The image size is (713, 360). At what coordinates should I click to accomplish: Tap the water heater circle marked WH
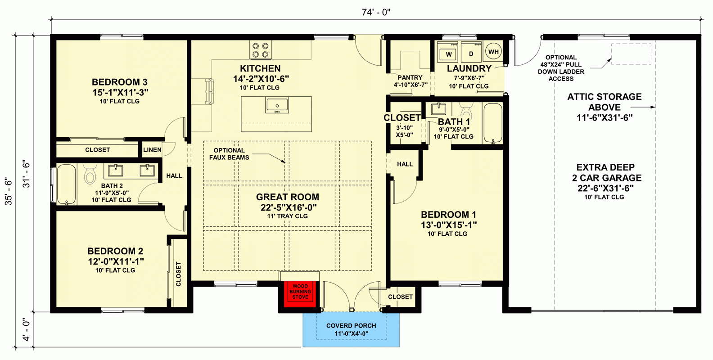[x=493, y=52]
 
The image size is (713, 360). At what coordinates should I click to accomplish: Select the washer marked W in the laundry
[x=449, y=54]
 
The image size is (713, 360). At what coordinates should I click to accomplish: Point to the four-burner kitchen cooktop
[x=260, y=50]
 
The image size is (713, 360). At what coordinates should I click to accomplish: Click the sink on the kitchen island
[x=277, y=105]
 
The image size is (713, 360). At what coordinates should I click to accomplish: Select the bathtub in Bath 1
[x=492, y=123]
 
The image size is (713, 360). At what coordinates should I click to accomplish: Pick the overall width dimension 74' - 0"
[x=376, y=12]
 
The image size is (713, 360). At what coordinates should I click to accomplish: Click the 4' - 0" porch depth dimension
[x=26, y=330]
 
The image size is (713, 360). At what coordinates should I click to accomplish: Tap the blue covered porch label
[x=351, y=329]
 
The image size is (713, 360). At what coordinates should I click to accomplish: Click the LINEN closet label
[x=152, y=150]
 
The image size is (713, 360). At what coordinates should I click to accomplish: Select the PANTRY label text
[x=410, y=77]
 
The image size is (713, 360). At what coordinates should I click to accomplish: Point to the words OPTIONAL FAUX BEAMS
[x=229, y=154]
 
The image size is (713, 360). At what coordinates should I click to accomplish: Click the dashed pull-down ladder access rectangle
[x=631, y=54]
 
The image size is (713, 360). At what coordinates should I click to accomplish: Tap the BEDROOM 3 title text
[x=120, y=82]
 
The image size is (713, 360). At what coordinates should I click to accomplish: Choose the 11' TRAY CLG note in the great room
[x=288, y=216]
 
